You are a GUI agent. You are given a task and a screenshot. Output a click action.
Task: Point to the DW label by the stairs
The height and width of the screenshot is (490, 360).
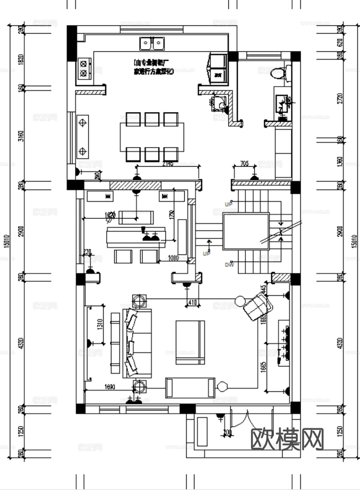coord(229,265)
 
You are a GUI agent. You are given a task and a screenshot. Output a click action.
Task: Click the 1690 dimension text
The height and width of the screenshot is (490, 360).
coord(110,387)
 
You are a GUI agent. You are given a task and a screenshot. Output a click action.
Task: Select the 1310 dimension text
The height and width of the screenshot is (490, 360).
coord(100,324)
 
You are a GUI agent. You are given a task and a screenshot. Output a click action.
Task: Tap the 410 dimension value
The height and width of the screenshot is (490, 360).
coord(193,302)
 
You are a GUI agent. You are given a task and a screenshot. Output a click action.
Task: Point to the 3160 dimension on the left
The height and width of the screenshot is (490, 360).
coord(21,136)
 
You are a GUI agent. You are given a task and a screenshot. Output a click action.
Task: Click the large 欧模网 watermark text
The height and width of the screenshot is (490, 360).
coord(287,439)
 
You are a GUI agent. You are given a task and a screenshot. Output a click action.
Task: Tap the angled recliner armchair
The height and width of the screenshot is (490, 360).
coord(257,306)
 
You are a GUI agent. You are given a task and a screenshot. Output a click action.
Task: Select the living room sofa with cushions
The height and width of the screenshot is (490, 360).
coord(137,343)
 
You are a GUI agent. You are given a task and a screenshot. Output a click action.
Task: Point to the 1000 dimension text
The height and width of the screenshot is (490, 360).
coord(174,258)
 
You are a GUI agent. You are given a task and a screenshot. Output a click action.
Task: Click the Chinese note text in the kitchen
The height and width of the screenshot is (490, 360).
coord(153,67)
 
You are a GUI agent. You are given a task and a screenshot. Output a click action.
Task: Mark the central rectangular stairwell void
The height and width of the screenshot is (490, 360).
coord(246,231)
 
